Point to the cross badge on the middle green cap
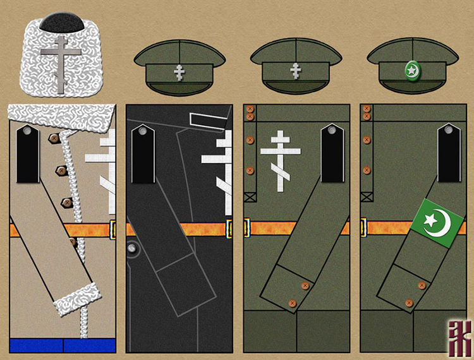295,71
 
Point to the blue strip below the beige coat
63,345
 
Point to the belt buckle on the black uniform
231,228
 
